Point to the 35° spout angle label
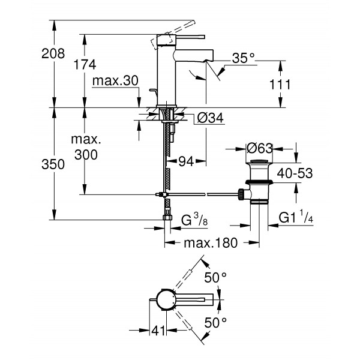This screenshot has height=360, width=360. (243, 58)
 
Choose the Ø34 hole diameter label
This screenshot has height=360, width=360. (209, 119)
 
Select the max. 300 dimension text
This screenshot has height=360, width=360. (85, 147)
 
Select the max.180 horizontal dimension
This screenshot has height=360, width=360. (210, 243)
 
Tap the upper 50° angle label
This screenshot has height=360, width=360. (216, 277)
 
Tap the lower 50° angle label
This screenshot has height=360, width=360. (216, 323)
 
